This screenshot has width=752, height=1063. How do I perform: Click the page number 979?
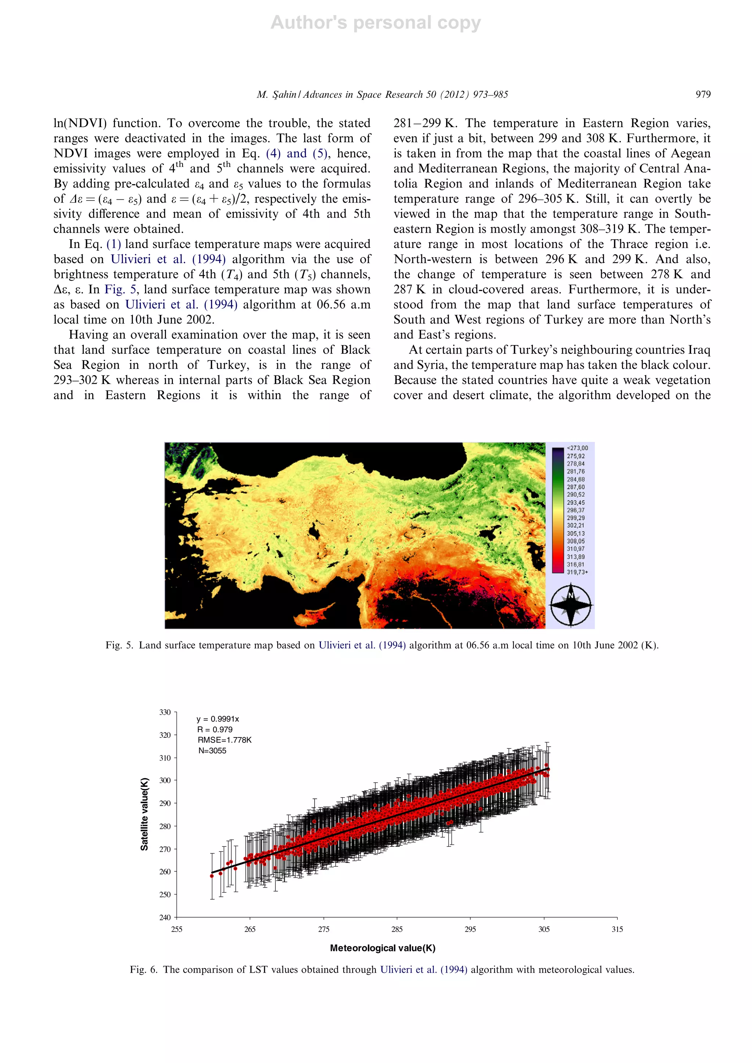point(702,94)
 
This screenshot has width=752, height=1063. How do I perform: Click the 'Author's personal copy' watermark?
point(376,23)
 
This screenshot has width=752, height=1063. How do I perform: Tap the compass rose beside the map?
point(571,605)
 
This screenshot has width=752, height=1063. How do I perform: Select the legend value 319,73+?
point(577,572)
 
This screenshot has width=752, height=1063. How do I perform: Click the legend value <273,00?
point(577,448)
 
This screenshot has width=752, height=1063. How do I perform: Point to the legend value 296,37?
point(576,510)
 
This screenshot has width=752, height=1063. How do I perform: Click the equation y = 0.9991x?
point(218,719)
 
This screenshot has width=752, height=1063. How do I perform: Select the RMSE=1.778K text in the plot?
point(225,740)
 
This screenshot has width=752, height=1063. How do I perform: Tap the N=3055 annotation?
point(212,751)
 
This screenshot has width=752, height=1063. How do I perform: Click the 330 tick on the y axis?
point(165,712)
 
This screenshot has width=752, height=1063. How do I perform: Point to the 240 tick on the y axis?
point(165,917)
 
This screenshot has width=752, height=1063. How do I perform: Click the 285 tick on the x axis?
point(397,929)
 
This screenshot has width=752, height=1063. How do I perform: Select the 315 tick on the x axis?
point(617,929)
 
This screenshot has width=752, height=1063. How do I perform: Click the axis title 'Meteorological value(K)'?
point(383,948)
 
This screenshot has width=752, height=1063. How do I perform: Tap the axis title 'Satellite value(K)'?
point(144,814)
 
